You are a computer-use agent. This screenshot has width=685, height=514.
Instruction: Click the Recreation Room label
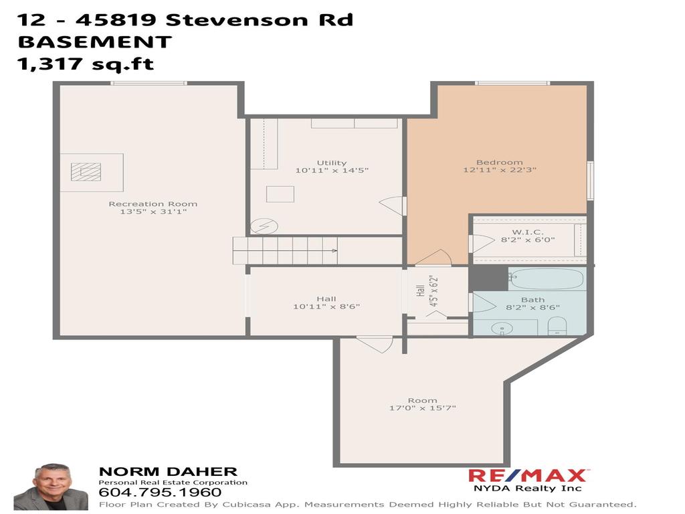(x=153, y=204)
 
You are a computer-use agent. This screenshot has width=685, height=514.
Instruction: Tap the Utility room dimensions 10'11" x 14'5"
(x=332, y=171)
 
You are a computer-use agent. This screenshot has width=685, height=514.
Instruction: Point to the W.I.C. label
(x=528, y=232)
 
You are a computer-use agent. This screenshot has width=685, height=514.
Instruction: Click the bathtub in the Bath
(x=547, y=279)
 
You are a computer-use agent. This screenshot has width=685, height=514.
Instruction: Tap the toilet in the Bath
(x=557, y=326)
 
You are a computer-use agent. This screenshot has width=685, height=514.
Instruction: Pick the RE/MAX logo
(x=528, y=476)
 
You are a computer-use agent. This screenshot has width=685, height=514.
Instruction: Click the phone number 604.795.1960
(x=160, y=492)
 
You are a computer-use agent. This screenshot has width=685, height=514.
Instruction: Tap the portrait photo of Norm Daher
(x=51, y=487)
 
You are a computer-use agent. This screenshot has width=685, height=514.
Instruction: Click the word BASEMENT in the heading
(x=94, y=41)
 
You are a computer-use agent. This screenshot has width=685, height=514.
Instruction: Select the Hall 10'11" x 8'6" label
(x=326, y=303)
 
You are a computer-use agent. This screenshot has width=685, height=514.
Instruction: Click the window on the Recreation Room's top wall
(x=149, y=83)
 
